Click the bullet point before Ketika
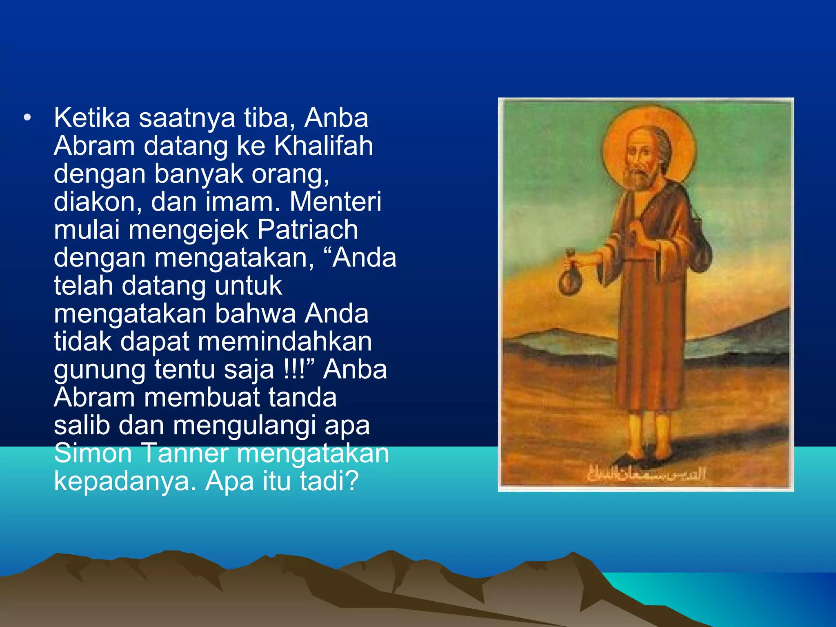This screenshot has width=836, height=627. (x=27, y=118)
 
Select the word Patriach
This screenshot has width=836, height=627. (x=307, y=229)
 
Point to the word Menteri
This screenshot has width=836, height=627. (x=335, y=202)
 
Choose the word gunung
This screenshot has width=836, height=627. (x=99, y=370)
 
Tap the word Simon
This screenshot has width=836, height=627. (x=93, y=453)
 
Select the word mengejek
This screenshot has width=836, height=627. (x=188, y=230)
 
